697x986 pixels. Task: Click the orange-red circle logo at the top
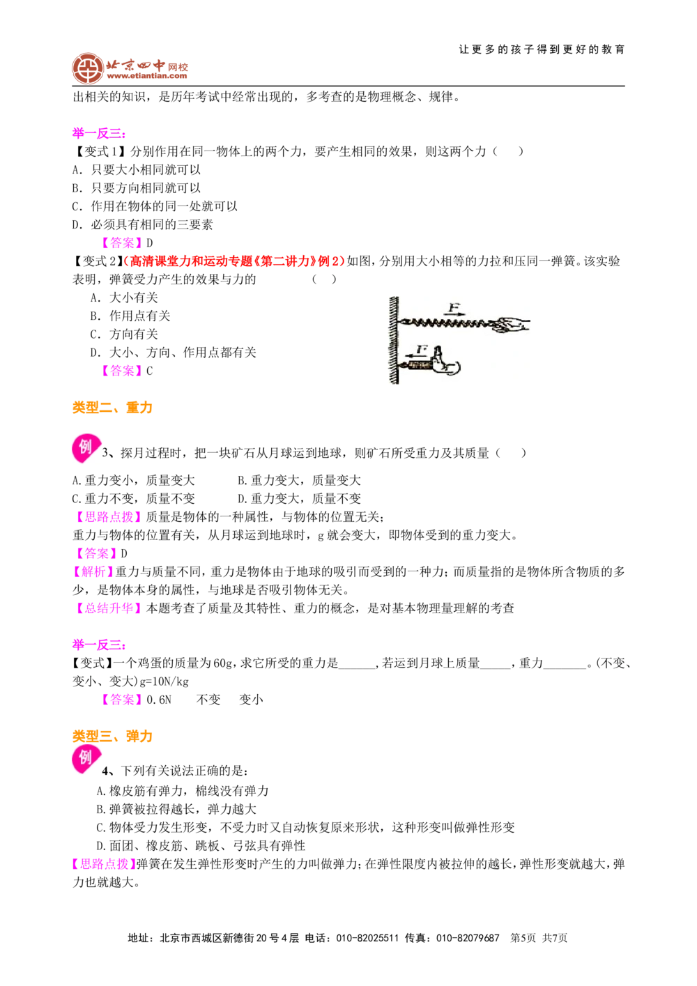pos(87,68)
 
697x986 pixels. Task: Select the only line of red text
pos(234,261)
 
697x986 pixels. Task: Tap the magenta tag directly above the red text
pos(122,242)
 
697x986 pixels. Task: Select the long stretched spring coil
pos(446,323)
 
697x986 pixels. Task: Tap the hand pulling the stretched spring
pos(511,323)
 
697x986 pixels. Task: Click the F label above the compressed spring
pos(421,348)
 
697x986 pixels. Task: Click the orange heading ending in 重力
pos(113,408)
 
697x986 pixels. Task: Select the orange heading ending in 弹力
pos(113,737)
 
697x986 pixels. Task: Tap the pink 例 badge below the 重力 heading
pos(86,448)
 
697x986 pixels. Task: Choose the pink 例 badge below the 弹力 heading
pos(86,760)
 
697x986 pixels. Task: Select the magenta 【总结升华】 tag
pos(108,609)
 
